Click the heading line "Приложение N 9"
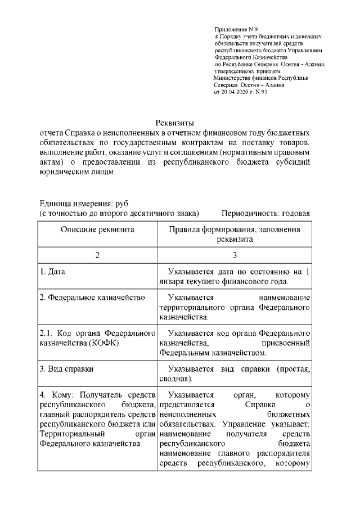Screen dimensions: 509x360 coord(236,28)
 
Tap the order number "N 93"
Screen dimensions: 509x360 coord(260,92)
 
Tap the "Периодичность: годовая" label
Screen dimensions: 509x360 coord(265,214)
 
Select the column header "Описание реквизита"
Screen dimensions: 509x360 coord(97,230)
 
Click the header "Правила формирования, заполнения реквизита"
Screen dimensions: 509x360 coord(235,235)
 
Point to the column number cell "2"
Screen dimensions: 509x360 coord(97,256)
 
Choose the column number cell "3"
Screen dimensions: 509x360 coord(235,256)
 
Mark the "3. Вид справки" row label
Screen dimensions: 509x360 coord(66,370)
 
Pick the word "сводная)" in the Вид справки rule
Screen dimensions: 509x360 coord(177,379)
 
